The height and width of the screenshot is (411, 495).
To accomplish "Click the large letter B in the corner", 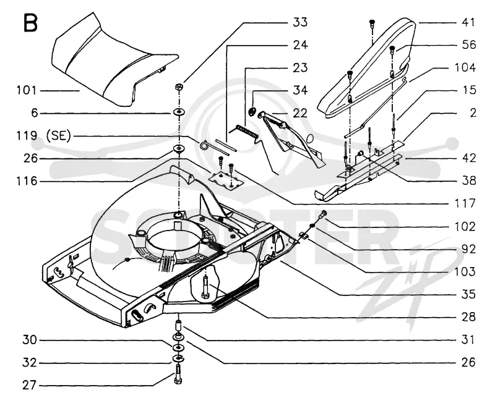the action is [30, 23].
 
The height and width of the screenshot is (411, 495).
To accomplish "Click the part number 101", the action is [27, 90].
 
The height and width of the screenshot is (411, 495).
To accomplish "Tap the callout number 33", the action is [300, 22].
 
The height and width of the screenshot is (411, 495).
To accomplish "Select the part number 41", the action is [468, 22].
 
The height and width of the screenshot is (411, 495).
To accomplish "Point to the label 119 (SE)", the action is [43, 136].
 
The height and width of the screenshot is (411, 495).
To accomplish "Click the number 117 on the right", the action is [465, 203].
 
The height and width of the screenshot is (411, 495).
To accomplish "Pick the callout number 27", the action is [29, 385].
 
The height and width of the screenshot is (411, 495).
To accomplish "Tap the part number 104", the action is [465, 68].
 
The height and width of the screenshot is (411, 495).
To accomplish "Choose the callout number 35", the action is [468, 294].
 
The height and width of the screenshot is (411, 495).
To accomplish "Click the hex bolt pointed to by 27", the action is [178, 375].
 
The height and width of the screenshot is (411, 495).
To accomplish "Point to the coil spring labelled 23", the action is [247, 132].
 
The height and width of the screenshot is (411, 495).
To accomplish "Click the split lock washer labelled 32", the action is [178, 358].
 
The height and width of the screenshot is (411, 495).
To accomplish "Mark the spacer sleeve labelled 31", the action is [179, 324].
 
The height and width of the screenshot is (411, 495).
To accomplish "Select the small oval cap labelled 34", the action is [252, 111].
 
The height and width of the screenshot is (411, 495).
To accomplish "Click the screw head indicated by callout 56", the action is [392, 49].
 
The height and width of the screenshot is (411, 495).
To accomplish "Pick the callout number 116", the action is [27, 181].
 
